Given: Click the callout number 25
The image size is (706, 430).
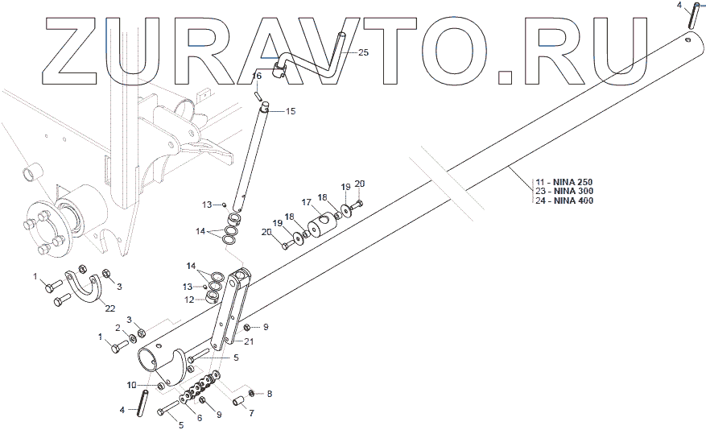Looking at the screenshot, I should pyautogui.click(x=363, y=52).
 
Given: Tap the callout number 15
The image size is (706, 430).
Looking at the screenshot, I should pyautogui.click(x=291, y=111).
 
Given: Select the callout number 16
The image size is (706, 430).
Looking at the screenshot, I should pyautogui.click(x=257, y=76).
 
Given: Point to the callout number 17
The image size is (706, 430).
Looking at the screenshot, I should pyautogui.click(x=306, y=202).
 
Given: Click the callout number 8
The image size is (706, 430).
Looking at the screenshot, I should pyautogui.click(x=270, y=394).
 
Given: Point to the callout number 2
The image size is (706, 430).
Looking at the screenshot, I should pyautogui.click(x=118, y=328).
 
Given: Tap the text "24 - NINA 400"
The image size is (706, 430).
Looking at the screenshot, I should pyautogui.click(x=564, y=201).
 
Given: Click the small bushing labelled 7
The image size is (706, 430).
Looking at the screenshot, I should pyautogui.click(x=237, y=400).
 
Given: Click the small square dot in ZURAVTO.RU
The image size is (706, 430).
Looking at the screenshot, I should pyautogui.click(x=505, y=77).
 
